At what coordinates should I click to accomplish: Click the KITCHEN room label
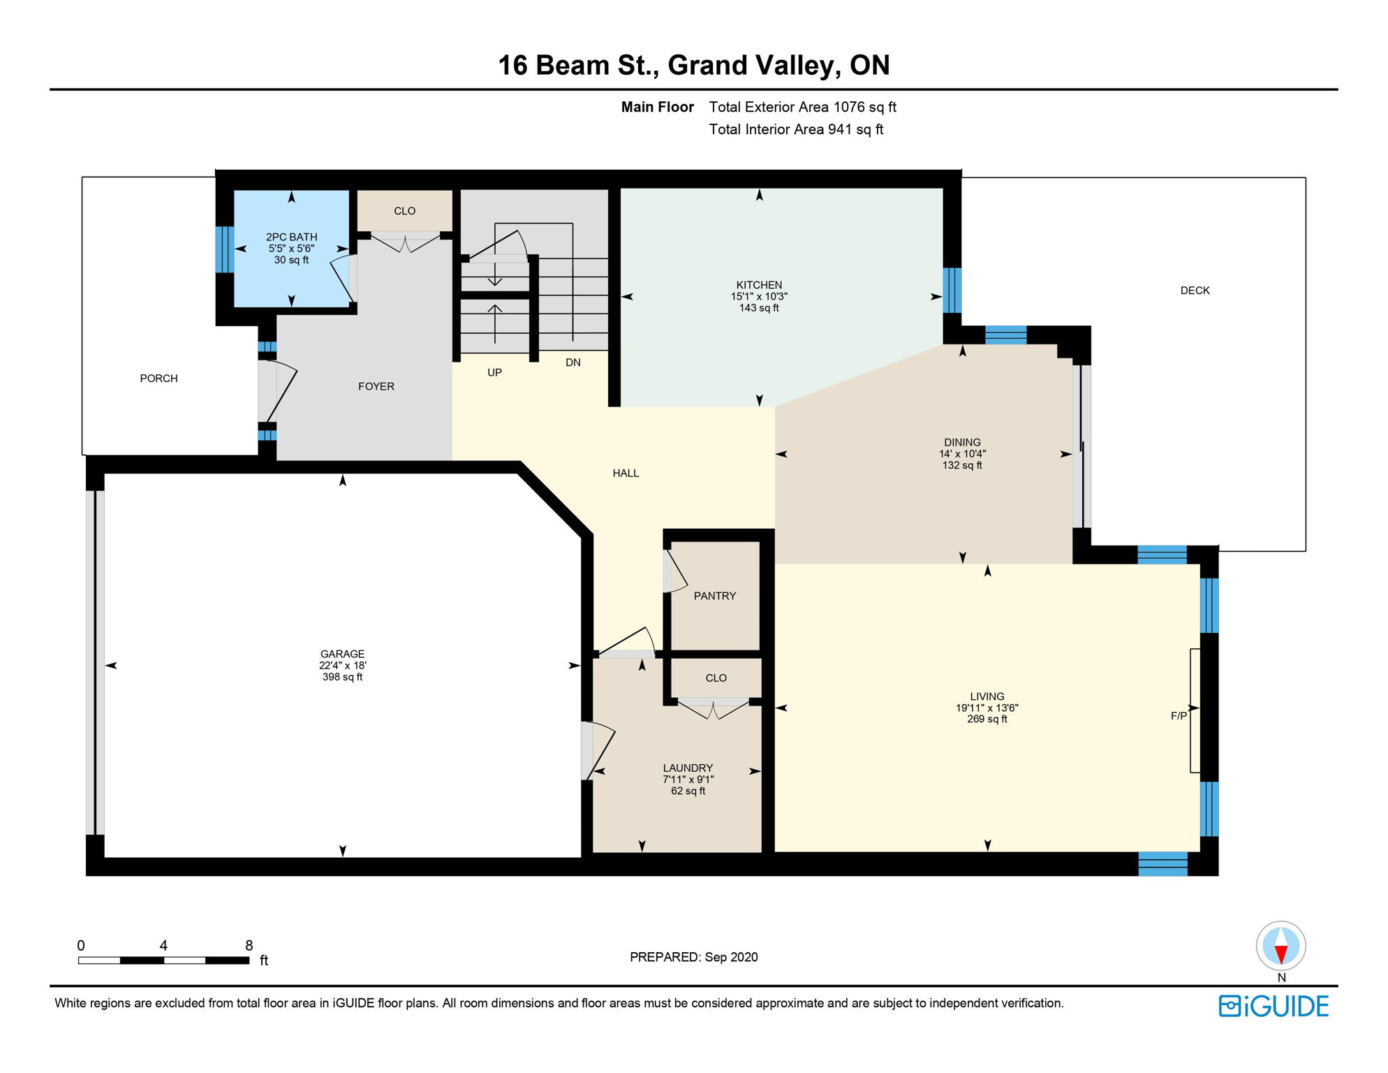(x=759, y=285)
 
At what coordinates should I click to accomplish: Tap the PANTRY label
(x=715, y=596)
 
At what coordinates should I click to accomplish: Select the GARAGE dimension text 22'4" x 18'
(x=343, y=666)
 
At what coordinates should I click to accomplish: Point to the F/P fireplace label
(x=1179, y=715)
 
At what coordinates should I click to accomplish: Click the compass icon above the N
(x=1280, y=946)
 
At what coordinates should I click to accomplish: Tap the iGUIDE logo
(x=1273, y=1006)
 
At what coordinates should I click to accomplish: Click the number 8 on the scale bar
(x=249, y=945)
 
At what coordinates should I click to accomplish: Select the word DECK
(x=1195, y=291)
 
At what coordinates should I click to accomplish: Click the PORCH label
(x=158, y=379)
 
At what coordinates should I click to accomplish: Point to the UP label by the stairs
(x=494, y=372)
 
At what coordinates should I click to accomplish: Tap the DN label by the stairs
(x=573, y=363)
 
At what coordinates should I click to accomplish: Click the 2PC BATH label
(x=292, y=237)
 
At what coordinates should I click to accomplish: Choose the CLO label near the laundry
(x=716, y=678)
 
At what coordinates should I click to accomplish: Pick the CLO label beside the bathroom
(x=404, y=211)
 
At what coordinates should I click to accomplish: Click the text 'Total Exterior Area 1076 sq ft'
(x=802, y=107)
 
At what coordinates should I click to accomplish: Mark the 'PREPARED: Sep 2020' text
(x=693, y=957)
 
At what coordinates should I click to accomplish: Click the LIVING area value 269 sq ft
(x=987, y=719)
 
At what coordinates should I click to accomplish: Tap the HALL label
(x=626, y=473)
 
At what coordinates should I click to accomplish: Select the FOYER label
(x=376, y=386)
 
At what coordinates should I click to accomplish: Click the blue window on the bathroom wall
(x=224, y=249)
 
